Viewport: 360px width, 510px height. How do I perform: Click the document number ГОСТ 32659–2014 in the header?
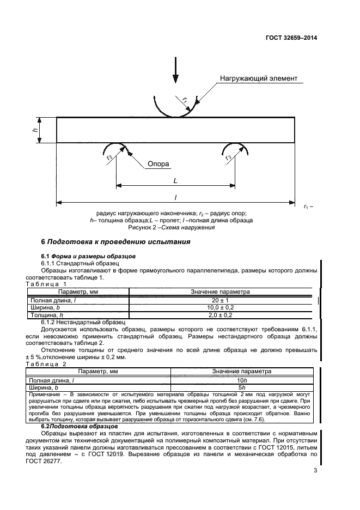tap(291, 38)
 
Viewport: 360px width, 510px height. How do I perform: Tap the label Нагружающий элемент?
tap(259, 78)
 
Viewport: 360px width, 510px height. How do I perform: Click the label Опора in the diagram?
tap(158, 163)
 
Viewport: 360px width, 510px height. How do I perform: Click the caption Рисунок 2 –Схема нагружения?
tap(175, 227)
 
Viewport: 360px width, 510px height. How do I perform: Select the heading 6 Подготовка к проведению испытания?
tap(116, 242)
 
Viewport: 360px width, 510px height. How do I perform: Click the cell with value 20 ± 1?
tap(220, 300)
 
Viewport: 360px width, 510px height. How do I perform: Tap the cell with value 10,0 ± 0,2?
tap(220, 307)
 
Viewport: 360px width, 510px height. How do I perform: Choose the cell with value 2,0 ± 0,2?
tap(220, 315)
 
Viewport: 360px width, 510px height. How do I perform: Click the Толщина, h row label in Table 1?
tap(47, 315)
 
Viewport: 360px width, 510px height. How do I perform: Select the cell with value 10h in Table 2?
tap(242, 379)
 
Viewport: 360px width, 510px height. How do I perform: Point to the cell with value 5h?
tap(242, 387)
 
